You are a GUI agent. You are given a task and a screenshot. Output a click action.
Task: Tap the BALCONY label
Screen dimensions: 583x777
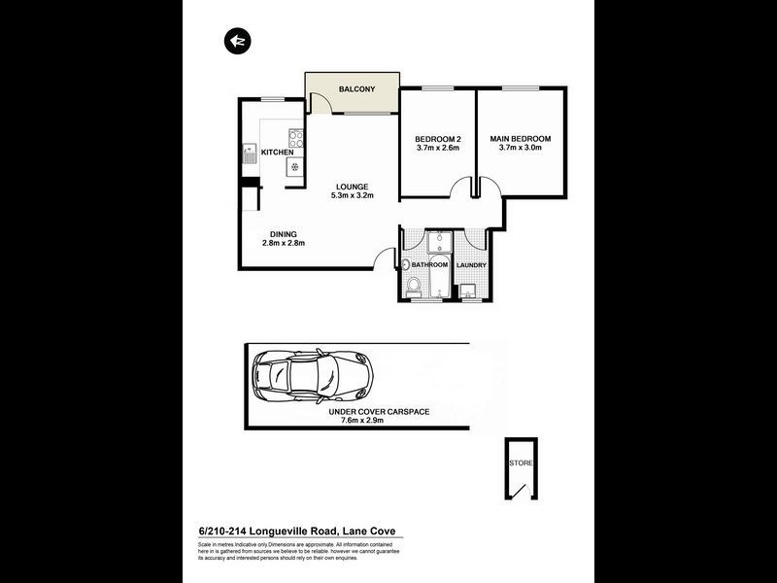[x=356, y=89]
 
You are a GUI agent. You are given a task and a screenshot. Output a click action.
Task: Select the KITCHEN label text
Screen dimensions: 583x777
[x=277, y=153]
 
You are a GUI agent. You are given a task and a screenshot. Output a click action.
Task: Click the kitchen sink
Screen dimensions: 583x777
[x=249, y=153]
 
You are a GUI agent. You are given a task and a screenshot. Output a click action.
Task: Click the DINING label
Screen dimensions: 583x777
[x=284, y=233]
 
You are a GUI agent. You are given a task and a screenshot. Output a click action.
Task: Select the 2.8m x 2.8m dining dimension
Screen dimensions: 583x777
[x=284, y=243]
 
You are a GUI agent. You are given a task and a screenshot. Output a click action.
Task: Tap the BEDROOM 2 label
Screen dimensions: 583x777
[x=437, y=139]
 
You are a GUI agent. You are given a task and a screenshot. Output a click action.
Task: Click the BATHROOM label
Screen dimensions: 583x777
[x=429, y=265]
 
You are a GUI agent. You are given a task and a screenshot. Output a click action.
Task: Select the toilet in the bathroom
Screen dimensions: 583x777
[x=414, y=285]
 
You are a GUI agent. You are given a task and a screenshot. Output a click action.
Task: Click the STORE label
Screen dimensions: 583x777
[x=522, y=463]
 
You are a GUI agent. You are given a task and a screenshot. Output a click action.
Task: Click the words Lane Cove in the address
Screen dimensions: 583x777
[x=368, y=531]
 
